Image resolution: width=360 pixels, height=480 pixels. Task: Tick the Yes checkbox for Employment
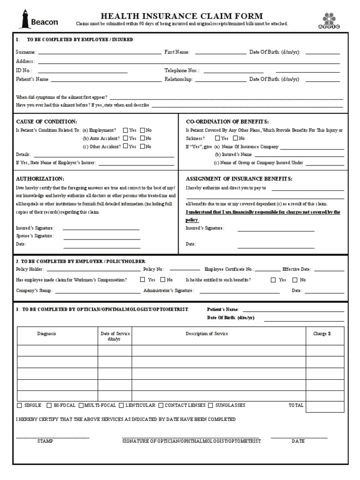tap(125, 130)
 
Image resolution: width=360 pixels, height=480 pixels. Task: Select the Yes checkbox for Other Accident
tap(125, 146)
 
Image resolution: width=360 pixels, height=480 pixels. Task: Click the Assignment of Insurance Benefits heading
tap(239, 179)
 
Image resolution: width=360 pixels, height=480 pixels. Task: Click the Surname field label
tap(25, 52)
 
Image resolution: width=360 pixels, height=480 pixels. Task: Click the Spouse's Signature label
tap(35, 236)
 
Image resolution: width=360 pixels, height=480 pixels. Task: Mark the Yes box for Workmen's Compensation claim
tap(142, 280)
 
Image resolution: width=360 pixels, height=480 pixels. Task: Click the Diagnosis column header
tap(47, 333)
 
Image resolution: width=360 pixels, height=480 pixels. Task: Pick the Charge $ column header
tap(322, 333)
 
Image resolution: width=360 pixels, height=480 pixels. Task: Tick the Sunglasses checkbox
tap(210, 405)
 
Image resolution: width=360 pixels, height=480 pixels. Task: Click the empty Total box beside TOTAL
tap(324, 405)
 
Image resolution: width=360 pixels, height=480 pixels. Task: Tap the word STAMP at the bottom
tap(45, 441)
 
